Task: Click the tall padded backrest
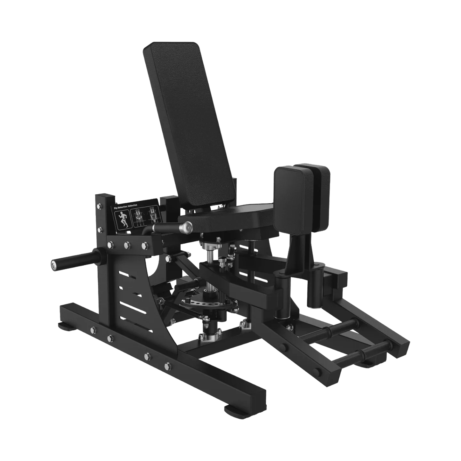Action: (x=189, y=125)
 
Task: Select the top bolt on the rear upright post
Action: (x=99, y=212)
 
